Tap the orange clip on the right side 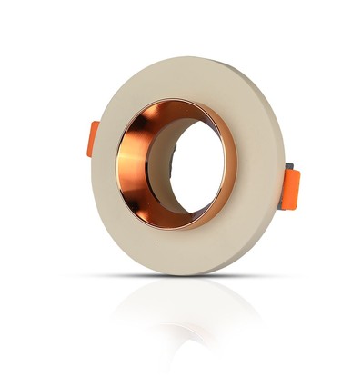pos(290,188)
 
